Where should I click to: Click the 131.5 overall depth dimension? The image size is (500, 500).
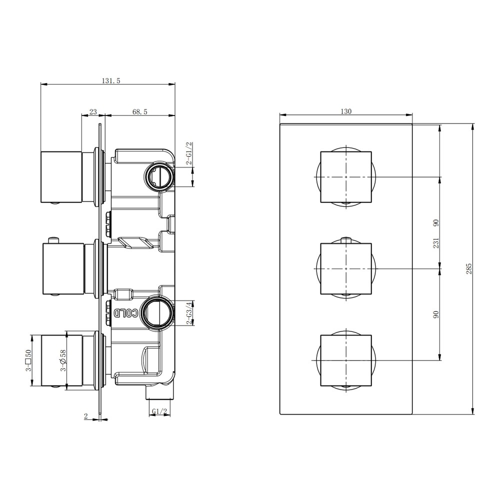click(110, 80)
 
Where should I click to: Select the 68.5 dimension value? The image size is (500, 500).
click(140, 112)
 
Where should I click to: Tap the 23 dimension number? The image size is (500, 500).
click(93, 112)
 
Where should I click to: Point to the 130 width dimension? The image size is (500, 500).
click(346, 111)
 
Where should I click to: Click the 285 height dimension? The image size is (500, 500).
click(469, 269)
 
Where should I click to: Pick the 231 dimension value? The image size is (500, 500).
click(436, 243)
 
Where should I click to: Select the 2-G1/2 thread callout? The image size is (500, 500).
click(189, 153)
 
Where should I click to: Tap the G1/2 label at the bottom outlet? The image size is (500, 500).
click(159, 411)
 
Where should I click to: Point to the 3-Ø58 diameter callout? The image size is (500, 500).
click(63, 360)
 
